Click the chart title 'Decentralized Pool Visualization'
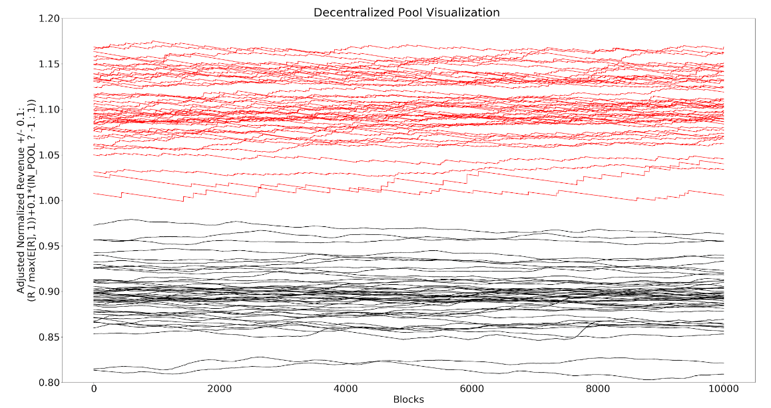407,12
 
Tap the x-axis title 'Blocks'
408,399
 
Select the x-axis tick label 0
94,389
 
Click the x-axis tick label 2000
220,389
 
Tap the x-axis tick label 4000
346,389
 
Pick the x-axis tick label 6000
471,389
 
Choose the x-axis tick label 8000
597,389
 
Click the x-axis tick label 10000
724,389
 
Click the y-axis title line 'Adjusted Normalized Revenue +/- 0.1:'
21,200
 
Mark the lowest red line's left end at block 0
94,193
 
